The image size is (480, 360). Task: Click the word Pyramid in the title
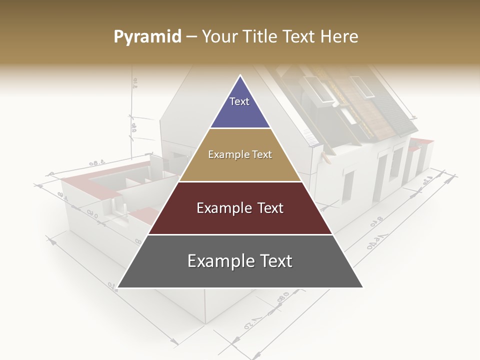[147, 37]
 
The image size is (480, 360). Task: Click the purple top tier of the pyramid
[239, 107]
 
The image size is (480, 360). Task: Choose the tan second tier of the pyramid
[240, 155]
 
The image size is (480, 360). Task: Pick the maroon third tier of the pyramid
[240, 208]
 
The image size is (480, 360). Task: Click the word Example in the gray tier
[216, 261]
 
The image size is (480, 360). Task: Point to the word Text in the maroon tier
[268, 208]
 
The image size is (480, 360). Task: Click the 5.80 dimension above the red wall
[96, 163]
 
